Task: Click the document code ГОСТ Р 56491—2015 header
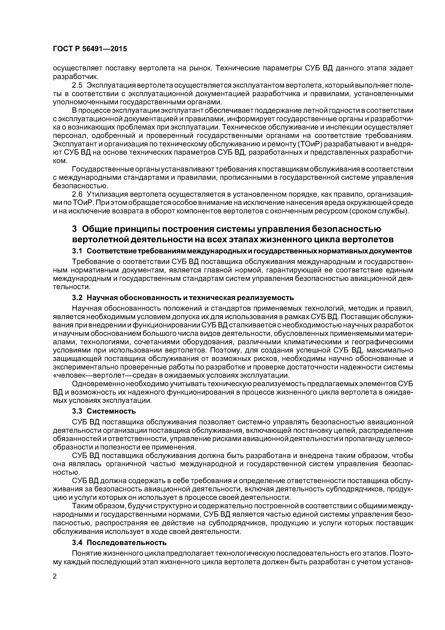(90, 49)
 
